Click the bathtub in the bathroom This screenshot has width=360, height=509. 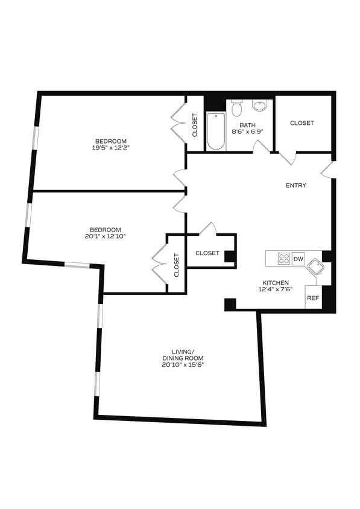[216, 131]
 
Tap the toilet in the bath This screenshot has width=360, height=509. [236, 109]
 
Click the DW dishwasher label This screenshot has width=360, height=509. [298, 259]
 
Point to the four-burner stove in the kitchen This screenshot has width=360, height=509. [284, 259]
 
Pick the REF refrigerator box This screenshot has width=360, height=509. [312, 298]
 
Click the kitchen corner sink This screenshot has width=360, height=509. [315, 268]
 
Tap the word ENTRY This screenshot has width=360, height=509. [296, 185]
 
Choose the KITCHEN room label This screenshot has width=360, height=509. [275, 283]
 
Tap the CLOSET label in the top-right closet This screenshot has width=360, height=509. [302, 123]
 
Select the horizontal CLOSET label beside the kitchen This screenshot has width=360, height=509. [207, 253]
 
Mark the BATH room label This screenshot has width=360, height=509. [247, 125]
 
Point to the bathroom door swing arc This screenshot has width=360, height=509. [261, 147]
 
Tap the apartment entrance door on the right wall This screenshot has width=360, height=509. [327, 170]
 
